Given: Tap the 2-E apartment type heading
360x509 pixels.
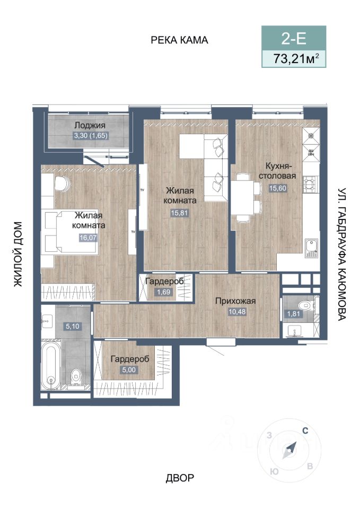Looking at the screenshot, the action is coord(294,39).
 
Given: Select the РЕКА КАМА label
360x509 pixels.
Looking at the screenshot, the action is coord(179,40).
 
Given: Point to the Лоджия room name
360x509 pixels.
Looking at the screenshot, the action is coord(90,125).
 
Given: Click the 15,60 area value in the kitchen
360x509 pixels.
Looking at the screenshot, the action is coord(277,188).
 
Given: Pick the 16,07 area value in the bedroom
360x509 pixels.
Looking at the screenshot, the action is coord(88,238).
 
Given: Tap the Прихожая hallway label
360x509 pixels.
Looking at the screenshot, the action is coord(235,301).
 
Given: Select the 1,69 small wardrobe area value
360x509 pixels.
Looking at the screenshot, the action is coord(163,292).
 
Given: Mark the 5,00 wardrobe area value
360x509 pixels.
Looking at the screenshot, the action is coord(128,370).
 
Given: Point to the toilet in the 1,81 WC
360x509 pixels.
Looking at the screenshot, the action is coord(305,305).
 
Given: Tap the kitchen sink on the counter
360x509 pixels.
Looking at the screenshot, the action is coord(311,248).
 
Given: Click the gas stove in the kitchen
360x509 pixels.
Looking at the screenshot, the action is coord(310,184).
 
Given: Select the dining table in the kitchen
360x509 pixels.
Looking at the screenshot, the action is coord(242,197).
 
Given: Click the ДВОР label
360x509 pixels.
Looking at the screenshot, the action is coord(180,478).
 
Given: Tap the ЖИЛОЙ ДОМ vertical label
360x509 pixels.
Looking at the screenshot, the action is coord(18,254).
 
